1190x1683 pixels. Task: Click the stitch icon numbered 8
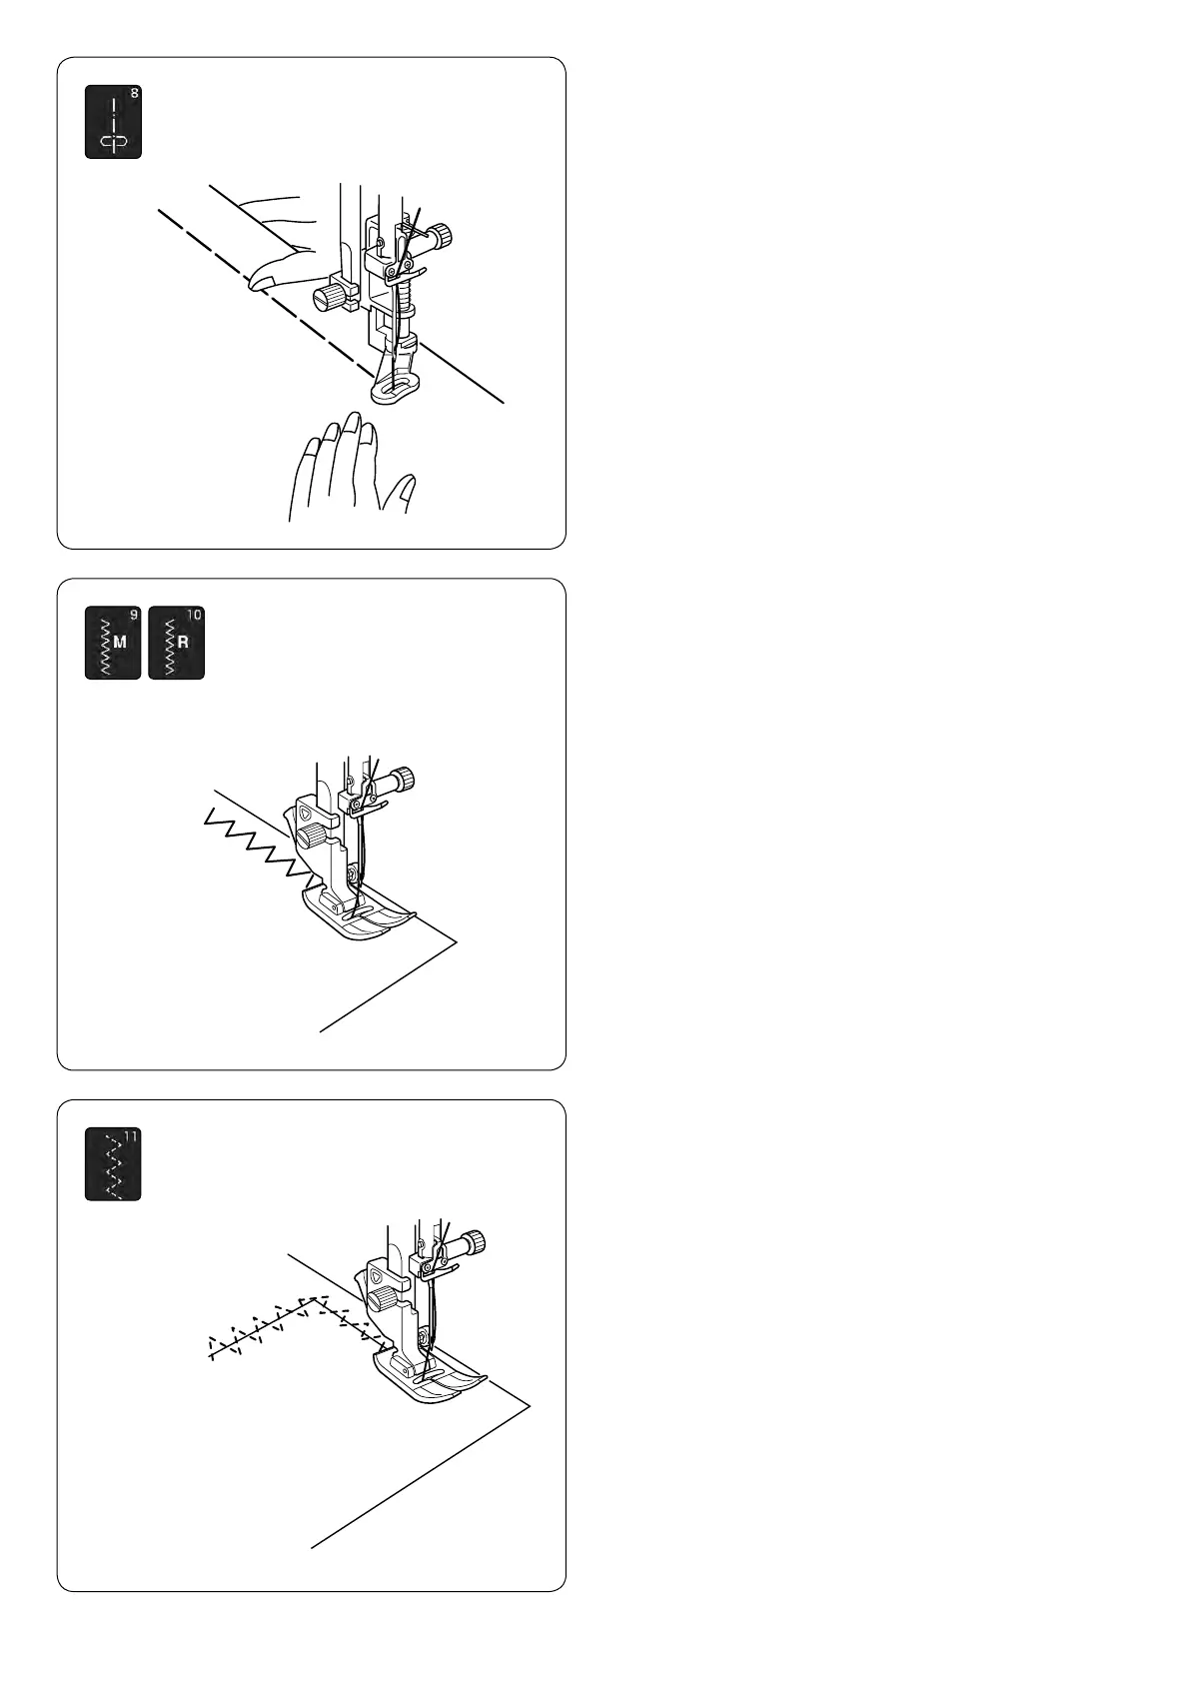(114, 122)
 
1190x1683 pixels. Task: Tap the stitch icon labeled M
(113, 643)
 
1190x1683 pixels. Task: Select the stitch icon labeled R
(177, 643)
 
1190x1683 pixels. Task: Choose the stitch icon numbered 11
(113, 1164)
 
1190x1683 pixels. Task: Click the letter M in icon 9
(120, 643)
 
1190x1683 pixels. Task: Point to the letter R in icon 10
(183, 643)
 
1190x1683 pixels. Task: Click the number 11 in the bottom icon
(131, 1136)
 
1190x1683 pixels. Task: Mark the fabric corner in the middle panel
(457, 940)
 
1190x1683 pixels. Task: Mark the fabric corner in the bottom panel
(531, 1406)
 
